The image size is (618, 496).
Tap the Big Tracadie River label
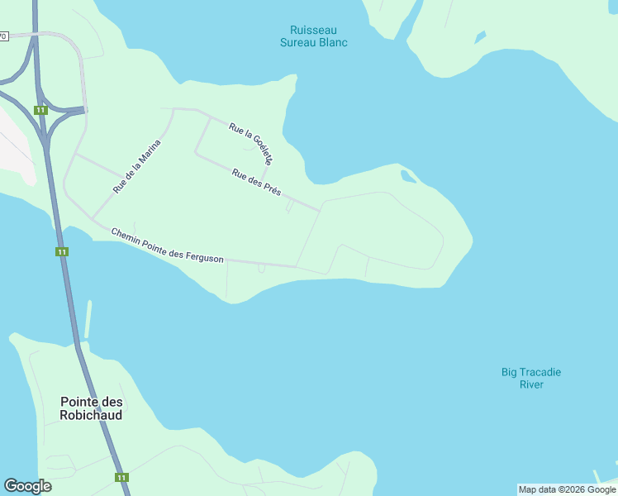(x=531, y=378)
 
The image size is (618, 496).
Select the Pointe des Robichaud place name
(x=91, y=408)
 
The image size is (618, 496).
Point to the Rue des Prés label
(x=256, y=182)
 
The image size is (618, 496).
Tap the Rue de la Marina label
(x=136, y=166)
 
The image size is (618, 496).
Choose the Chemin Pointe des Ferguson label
(x=167, y=246)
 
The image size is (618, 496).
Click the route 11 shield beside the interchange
(x=40, y=110)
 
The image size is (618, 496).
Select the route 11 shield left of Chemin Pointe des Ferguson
(x=61, y=251)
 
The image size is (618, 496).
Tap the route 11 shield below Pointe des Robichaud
(x=121, y=477)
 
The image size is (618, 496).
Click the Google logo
(x=27, y=486)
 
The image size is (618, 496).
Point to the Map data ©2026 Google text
(x=567, y=489)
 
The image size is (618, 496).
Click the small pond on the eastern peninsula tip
(x=407, y=175)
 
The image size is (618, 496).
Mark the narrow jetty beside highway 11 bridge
(x=88, y=319)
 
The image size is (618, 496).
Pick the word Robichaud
(x=91, y=415)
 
